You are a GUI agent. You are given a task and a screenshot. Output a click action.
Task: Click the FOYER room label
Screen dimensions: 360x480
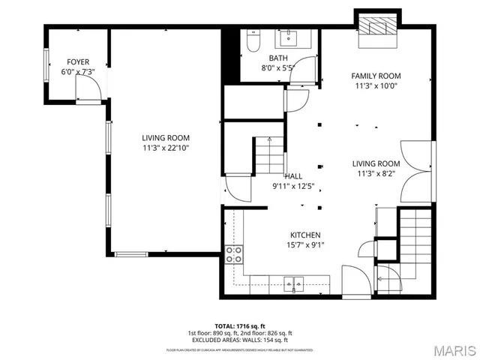tap(79, 61)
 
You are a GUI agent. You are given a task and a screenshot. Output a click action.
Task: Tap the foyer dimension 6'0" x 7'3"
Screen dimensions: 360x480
tap(79, 72)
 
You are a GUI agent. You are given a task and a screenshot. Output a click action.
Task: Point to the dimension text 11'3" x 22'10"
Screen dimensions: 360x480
tap(166, 148)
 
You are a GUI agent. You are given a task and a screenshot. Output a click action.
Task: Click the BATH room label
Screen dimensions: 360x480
tap(278, 58)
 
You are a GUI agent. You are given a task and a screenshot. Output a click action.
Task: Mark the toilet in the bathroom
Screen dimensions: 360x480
tap(251, 43)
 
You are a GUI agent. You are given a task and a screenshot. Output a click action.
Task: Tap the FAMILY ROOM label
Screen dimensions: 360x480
tap(376, 76)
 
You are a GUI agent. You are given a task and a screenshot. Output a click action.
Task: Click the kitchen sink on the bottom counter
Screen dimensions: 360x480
tap(293, 283)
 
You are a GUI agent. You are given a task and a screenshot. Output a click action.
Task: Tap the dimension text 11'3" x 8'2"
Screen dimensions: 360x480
tap(376, 174)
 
